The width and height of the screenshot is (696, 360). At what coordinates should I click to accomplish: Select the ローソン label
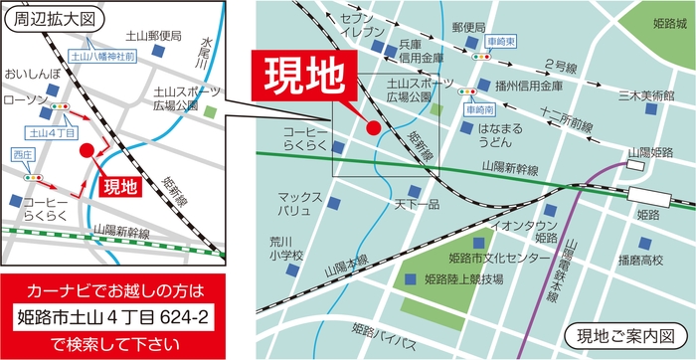[24, 100]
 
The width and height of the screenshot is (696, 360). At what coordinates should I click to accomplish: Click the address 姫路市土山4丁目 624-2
[114, 318]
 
